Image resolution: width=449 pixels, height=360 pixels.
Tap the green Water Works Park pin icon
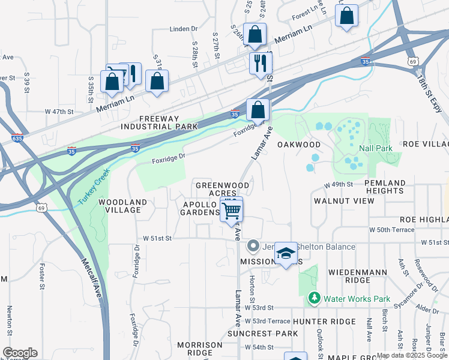(313, 298)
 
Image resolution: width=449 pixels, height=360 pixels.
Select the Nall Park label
(376, 148)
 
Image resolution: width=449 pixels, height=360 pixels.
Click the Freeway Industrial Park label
(159, 123)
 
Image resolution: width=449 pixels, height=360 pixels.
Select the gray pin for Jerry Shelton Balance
(253, 247)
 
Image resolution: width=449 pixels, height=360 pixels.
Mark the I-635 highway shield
(17, 139)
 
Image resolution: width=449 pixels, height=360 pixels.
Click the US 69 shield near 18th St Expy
(412, 61)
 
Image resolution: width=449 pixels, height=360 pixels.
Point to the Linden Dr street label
(184, 29)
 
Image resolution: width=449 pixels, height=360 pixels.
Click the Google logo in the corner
(19, 353)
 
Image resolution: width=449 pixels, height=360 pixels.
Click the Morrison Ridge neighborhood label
(200, 349)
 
